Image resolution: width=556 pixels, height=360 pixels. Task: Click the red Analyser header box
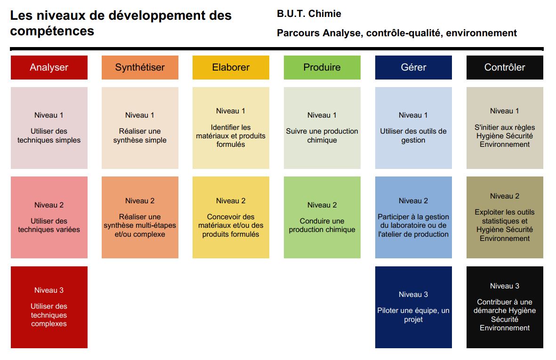coord(49,67)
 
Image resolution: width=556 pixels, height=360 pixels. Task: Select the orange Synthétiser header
coord(140,67)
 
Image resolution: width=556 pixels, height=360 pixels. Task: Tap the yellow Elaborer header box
coord(231,67)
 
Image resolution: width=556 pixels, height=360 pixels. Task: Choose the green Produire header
coord(322,67)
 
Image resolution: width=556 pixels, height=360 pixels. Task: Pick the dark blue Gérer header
coord(413,67)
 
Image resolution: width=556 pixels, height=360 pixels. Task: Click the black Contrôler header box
coord(505,67)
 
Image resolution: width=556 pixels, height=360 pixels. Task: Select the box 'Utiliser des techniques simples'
coord(49,128)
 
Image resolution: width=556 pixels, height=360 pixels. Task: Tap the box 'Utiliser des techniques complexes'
coord(49,307)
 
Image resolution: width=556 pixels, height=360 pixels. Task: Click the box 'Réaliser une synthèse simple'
coord(140,128)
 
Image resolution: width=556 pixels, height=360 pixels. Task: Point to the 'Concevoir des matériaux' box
coord(231,217)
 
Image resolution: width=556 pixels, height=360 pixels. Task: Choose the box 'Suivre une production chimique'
coord(322,128)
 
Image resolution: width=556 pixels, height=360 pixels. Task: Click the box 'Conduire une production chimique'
coord(322,217)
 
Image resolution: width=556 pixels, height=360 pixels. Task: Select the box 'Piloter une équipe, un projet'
coord(413,307)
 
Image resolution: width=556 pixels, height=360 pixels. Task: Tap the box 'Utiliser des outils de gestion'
coord(413,128)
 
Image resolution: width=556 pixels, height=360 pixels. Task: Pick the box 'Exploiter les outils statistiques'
coord(505,217)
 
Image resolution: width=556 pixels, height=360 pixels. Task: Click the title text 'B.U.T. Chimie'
coord(309,14)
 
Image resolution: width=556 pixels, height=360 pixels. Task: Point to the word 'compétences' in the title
coord(52,32)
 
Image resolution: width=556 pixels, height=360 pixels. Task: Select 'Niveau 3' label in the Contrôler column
coord(505,286)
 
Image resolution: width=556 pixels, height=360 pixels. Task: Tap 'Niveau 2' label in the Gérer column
coord(413,201)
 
